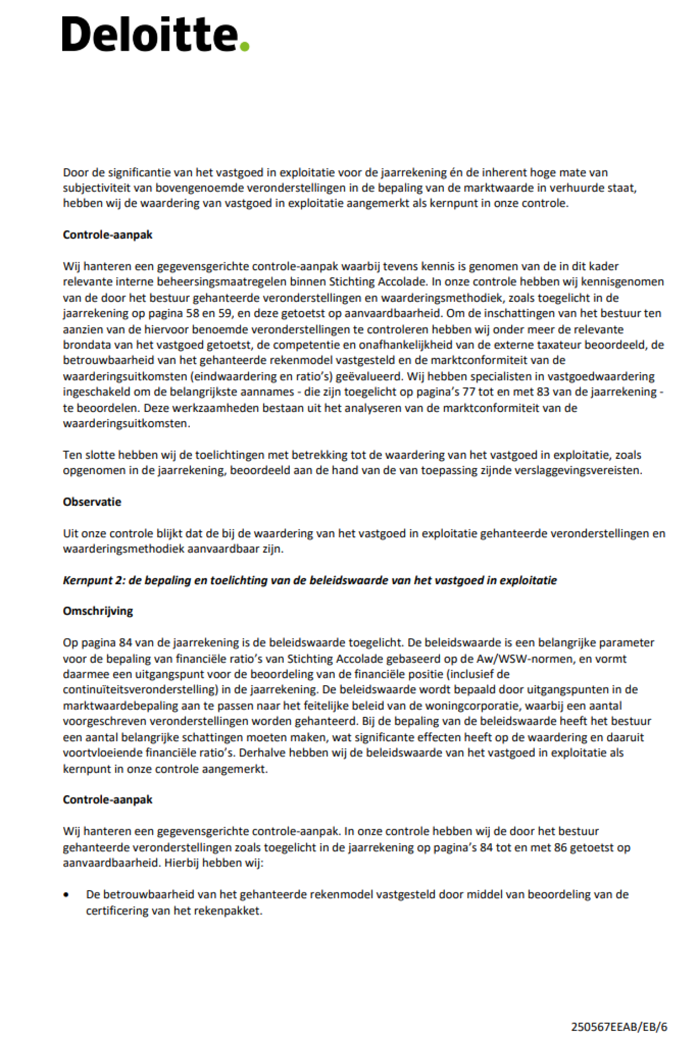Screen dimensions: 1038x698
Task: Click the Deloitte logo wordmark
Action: tap(150, 35)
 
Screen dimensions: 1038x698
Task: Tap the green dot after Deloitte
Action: tap(244, 46)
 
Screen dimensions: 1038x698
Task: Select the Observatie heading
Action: tap(92, 502)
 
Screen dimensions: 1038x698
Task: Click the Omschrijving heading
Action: tap(97, 611)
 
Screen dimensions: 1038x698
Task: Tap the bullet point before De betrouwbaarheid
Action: tap(66, 895)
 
